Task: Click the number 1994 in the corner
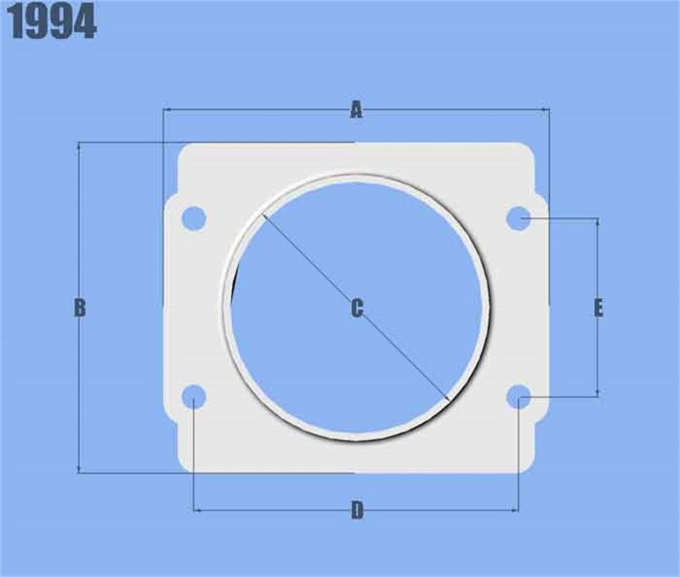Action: pos(53,24)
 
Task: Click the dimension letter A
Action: pos(356,110)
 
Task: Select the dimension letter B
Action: pos(79,308)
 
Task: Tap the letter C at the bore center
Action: pos(357,308)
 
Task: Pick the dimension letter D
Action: pos(357,511)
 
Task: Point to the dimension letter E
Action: pos(598,308)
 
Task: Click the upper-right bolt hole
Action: pos(518,219)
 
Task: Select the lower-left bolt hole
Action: pos(195,396)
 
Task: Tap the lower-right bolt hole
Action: pos(518,396)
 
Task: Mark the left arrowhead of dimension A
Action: pos(167,110)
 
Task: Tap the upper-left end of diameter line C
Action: pos(263,214)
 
